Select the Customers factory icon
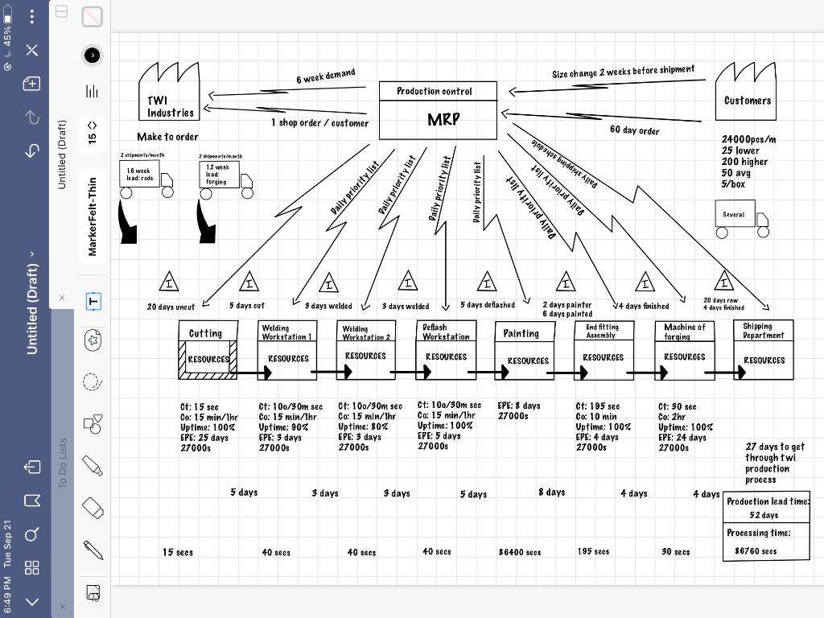[x=747, y=93]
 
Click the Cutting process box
[x=208, y=350]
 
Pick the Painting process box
[x=525, y=351]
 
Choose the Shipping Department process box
[x=763, y=350]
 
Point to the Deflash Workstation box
[x=446, y=350]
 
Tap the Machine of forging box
[x=684, y=350]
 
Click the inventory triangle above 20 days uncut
[x=169, y=282]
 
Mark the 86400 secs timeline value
[x=520, y=553]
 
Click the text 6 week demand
[x=325, y=76]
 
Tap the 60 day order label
[x=634, y=130]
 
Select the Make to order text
[x=167, y=137]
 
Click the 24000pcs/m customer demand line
[x=748, y=139]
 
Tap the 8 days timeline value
[x=551, y=492]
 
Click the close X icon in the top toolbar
[x=32, y=51]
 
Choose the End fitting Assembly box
[x=604, y=350]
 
